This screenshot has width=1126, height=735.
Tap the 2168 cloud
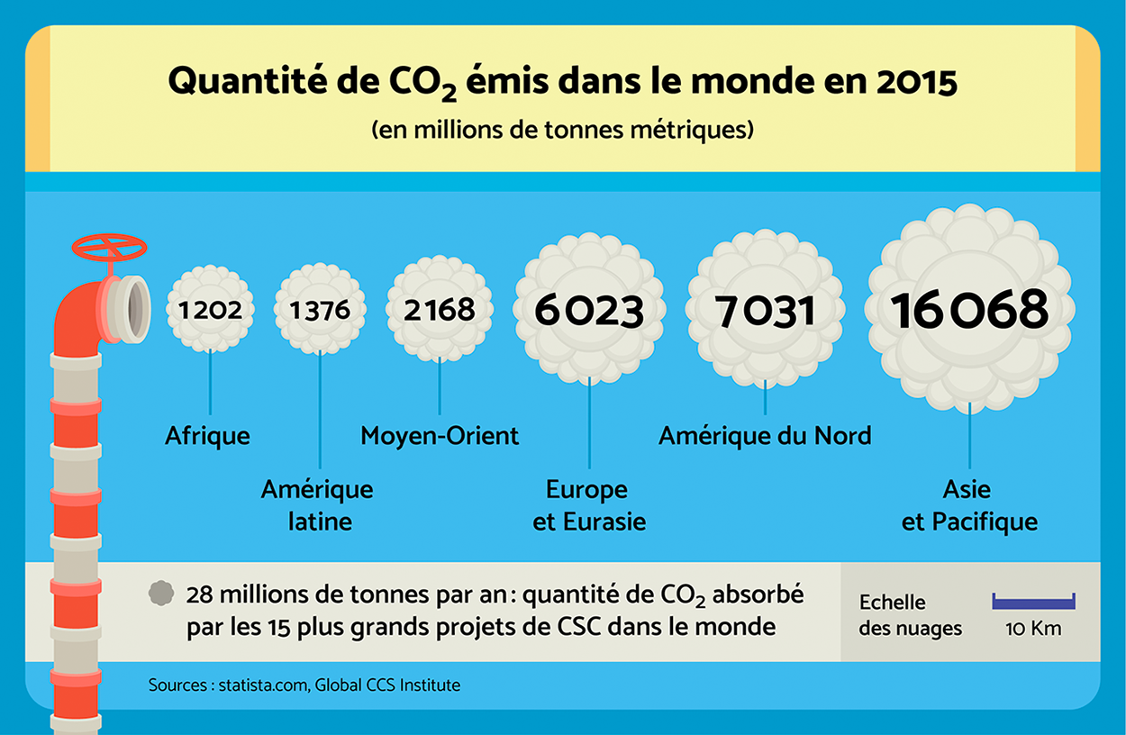[x=440, y=309]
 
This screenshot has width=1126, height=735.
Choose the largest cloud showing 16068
[x=970, y=309]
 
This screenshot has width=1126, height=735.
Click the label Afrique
[x=207, y=437]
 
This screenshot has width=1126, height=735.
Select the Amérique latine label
[x=317, y=505]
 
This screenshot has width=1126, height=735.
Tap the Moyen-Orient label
[x=440, y=437]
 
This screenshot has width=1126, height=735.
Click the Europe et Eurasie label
[x=589, y=505]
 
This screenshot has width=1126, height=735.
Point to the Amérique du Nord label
[x=765, y=437]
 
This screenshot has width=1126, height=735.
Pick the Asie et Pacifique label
[x=969, y=505]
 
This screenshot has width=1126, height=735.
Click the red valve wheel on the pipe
[x=109, y=247]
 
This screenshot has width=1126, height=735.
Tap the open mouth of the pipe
[x=136, y=309]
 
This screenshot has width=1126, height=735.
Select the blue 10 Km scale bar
[x=1033, y=602]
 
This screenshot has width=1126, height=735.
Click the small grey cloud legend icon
[x=161, y=593]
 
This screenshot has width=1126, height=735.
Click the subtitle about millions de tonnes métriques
[x=562, y=130]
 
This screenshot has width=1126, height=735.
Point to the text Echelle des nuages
[x=910, y=615]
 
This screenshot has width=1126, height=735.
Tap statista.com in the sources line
[x=264, y=685]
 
